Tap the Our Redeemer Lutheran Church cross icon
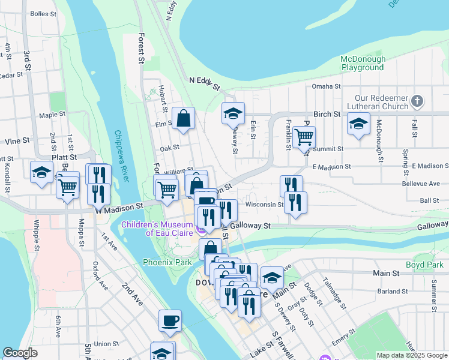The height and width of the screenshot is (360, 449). [418, 100]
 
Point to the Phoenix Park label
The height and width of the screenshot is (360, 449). [167, 262]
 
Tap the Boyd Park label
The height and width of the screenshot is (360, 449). [424, 265]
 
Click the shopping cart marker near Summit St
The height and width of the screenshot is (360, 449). [304, 137]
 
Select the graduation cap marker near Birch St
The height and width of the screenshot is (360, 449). [358, 124]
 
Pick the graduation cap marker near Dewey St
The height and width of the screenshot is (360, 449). [233, 112]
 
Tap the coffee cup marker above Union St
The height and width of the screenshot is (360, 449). [170, 320]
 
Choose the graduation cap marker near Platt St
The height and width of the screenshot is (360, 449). [41, 172]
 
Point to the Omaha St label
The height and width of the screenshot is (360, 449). [326, 86]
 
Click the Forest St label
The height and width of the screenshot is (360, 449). [142, 48]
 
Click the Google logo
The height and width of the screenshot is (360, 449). [20, 353]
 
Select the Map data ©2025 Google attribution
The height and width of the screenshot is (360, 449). [411, 355]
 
